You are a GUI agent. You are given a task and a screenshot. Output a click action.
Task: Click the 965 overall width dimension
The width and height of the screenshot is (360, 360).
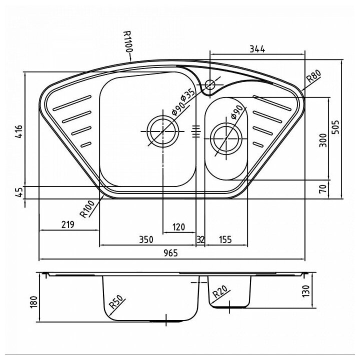click(171, 253)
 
